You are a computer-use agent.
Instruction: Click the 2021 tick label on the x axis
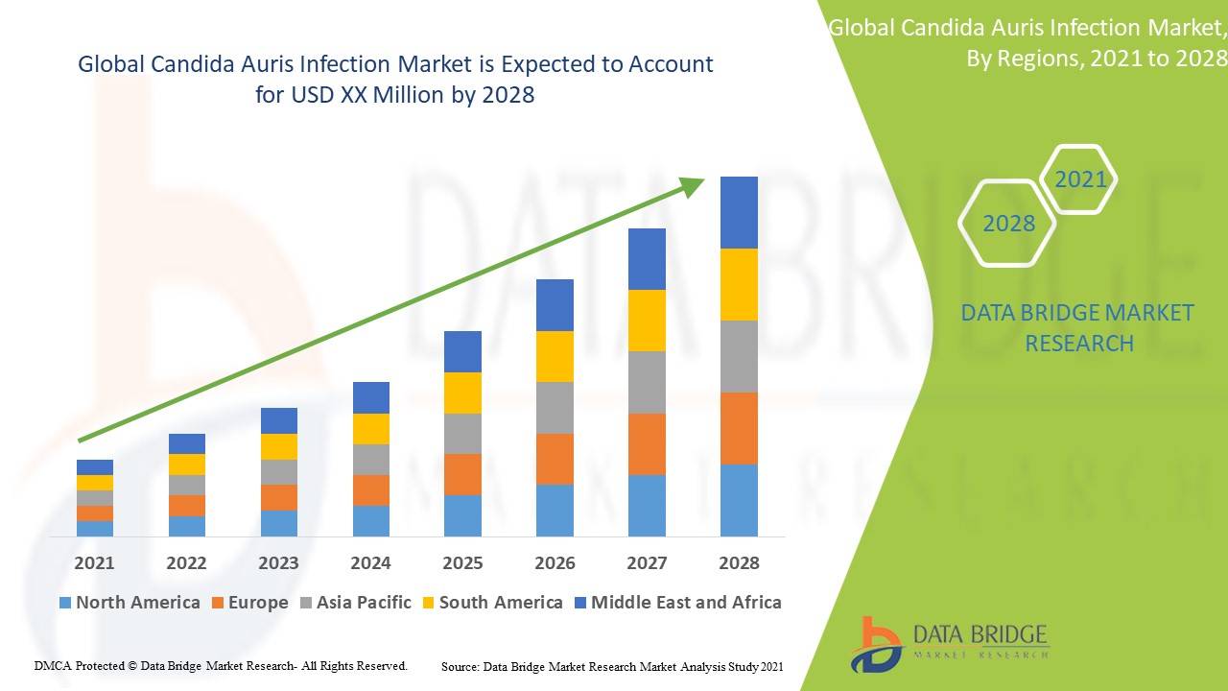(94, 562)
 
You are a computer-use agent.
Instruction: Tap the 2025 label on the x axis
(462, 562)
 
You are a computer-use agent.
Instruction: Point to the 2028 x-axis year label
(739, 562)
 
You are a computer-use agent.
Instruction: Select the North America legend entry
(130, 603)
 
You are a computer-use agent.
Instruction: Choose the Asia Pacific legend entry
(356, 603)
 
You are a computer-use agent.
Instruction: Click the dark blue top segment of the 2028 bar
(739, 212)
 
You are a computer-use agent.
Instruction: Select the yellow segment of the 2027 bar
(647, 320)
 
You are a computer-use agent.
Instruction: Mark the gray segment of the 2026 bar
(555, 408)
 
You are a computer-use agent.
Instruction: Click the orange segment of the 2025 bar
(462, 474)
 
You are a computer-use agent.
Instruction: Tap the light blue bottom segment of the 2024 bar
(370, 520)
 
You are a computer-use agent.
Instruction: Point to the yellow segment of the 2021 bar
(95, 482)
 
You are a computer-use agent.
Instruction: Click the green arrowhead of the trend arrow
(693, 186)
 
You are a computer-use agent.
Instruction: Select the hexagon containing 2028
(1007, 224)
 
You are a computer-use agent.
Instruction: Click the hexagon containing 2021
(1079, 179)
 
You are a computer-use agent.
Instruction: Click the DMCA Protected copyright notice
(221, 665)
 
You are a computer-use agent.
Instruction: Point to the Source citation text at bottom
(612, 666)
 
